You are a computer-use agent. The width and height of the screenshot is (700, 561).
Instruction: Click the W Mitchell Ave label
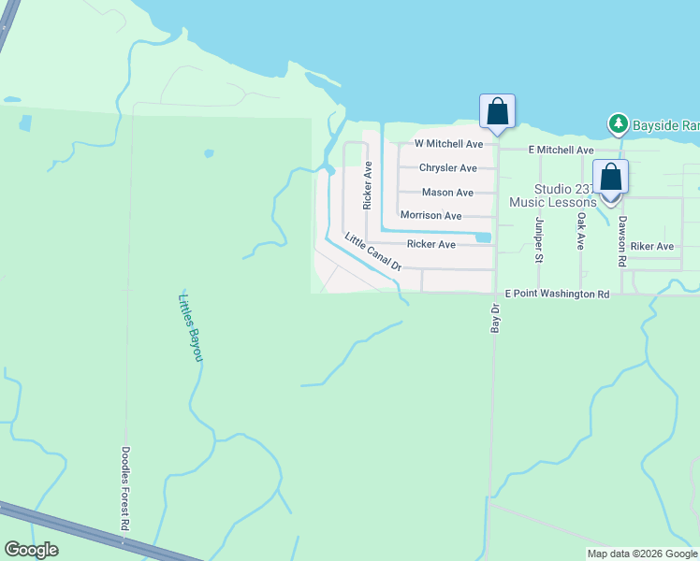click(x=449, y=144)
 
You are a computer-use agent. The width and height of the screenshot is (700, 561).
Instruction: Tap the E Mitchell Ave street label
click(x=561, y=150)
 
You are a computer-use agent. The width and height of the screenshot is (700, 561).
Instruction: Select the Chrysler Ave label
click(x=447, y=168)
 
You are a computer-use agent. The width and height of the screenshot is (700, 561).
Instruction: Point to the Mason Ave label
click(x=447, y=193)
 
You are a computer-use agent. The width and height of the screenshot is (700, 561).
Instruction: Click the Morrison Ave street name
click(x=430, y=216)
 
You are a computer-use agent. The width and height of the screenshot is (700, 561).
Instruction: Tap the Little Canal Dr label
click(x=372, y=252)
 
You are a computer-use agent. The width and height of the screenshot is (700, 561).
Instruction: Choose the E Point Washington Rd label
click(x=557, y=294)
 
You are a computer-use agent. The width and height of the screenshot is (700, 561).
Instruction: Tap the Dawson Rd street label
click(x=622, y=241)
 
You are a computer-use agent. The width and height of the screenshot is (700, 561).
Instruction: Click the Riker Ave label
click(x=652, y=247)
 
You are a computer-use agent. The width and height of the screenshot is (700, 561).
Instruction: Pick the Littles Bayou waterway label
click(x=190, y=327)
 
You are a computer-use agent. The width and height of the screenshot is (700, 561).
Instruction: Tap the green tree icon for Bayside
click(x=618, y=123)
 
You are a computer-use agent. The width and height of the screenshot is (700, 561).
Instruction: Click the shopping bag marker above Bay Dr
click(x=497, y=112)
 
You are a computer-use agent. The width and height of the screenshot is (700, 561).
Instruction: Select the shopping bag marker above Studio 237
click(x=610, y=177)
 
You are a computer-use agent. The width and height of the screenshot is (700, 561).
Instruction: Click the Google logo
click(x=32, y=550)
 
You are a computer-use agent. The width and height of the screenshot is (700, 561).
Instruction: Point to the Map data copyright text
click(x=642, y=554)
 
